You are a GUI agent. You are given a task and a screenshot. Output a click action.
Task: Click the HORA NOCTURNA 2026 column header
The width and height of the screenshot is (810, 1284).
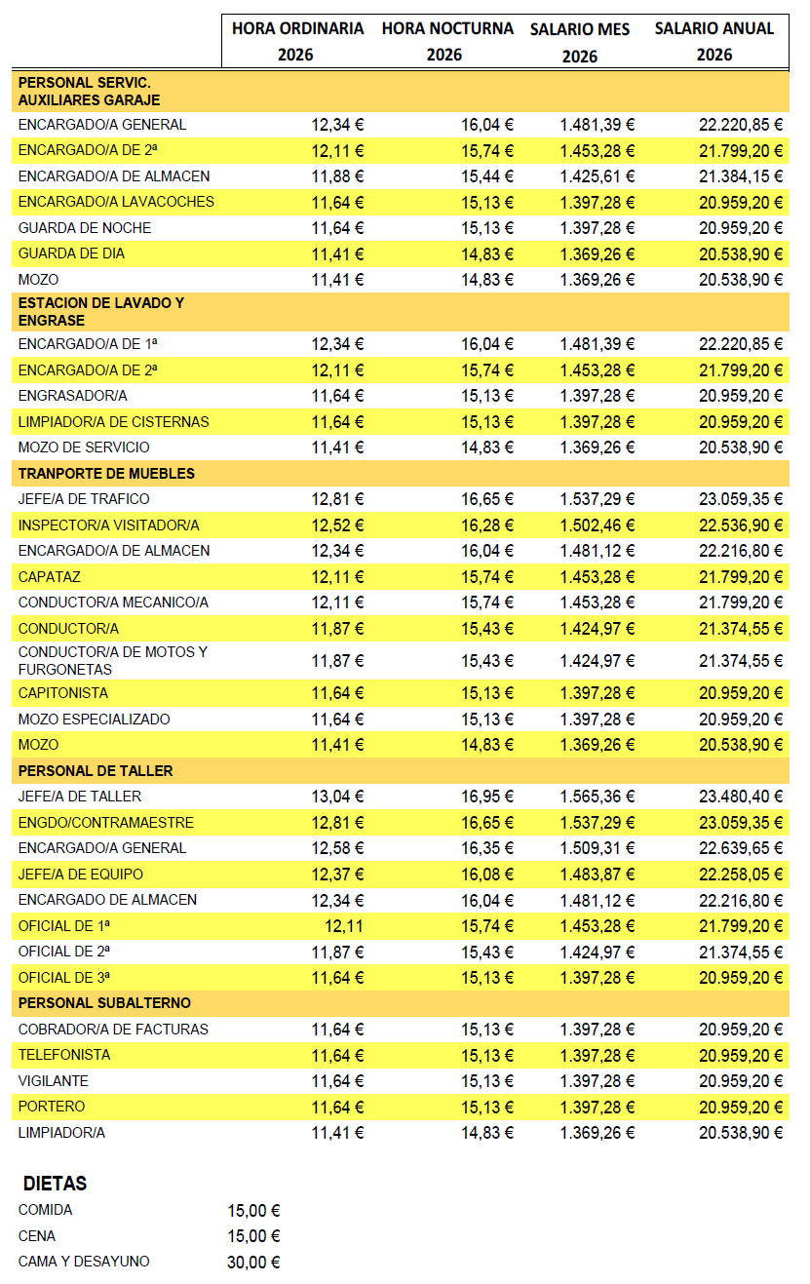447,41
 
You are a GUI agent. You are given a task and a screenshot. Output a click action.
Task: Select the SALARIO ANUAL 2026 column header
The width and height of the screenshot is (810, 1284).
714,41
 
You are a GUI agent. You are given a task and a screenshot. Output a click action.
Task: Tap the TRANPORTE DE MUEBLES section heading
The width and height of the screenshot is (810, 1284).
106,473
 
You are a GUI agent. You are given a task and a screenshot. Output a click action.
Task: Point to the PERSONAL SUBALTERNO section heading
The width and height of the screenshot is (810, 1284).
104,1002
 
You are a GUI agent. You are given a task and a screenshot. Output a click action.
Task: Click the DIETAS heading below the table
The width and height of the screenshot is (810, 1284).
55,1184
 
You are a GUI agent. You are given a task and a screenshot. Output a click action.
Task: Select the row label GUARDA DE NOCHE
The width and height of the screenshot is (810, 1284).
85,227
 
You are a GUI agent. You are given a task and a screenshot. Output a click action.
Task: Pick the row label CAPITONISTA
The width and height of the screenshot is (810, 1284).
63,693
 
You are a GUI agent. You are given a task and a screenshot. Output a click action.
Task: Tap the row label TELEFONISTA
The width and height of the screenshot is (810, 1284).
64,1054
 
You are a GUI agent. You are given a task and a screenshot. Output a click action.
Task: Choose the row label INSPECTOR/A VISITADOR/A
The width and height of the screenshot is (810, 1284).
108,525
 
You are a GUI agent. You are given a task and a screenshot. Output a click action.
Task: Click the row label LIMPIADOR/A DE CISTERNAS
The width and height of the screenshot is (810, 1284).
113,421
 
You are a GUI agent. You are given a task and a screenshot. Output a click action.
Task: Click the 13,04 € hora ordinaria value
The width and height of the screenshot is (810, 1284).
337,797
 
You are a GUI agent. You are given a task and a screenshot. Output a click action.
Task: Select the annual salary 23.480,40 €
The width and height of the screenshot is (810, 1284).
741,797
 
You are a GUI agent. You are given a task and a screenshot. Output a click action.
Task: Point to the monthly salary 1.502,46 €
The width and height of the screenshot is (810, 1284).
597,525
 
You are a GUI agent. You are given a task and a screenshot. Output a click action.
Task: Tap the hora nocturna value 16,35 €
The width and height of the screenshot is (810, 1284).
487,848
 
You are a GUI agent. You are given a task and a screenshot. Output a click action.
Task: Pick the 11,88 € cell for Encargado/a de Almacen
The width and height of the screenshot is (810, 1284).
337,176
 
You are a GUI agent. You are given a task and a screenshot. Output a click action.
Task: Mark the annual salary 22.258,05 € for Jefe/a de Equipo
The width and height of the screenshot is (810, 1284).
741,874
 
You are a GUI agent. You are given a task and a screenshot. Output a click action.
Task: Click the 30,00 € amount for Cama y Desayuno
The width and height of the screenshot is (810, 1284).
253,1262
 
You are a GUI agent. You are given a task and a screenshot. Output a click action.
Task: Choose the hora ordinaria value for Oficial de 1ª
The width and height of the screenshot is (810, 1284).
344,925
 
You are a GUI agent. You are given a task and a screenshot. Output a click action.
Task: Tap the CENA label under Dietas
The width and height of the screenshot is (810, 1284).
37,1236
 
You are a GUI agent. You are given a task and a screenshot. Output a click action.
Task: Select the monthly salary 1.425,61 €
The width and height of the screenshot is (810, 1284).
597,176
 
